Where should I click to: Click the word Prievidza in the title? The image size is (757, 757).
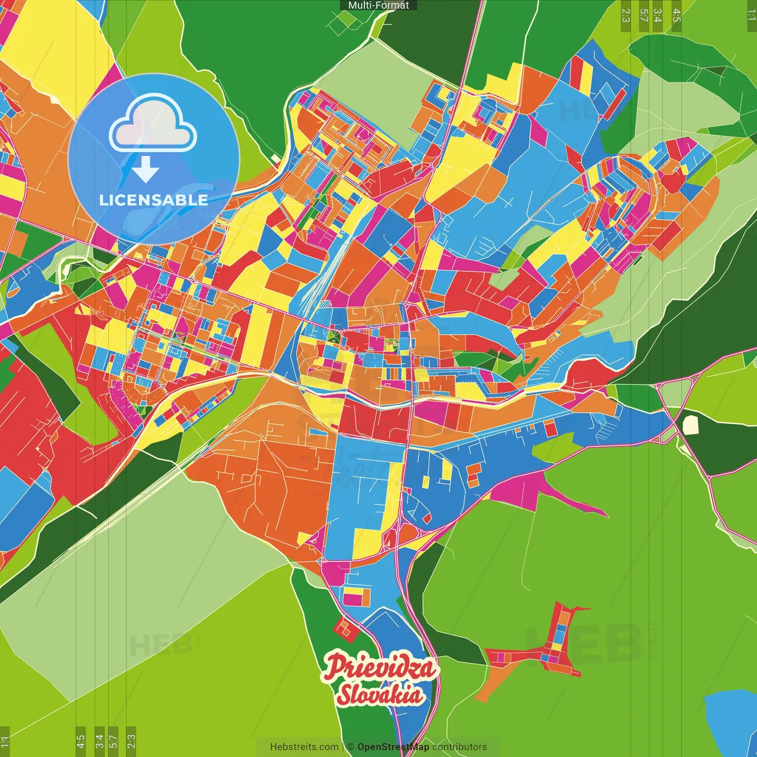click(380, 668)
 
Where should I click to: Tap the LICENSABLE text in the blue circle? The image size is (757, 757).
click(153, 200)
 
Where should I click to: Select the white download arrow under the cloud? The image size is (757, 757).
click(145, 170)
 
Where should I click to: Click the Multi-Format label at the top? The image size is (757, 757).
click(378, 5)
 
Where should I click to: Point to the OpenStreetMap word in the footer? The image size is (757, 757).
click(393, 747)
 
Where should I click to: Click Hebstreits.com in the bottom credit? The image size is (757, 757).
click(304, 747)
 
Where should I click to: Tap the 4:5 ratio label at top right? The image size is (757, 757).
click(677, 15)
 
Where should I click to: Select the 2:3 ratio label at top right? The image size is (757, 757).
click(626, 15)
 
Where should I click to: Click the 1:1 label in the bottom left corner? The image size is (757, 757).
click(5, 741)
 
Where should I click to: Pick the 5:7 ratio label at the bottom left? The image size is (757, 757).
click(114, 741)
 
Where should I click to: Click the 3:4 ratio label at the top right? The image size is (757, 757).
click(658, 15)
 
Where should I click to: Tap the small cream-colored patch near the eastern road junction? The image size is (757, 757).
click(690, 425)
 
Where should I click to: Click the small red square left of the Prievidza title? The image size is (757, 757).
click(346, 628)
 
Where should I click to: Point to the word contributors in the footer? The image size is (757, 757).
click(460, 747)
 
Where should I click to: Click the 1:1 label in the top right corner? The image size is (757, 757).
click(751, 15)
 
